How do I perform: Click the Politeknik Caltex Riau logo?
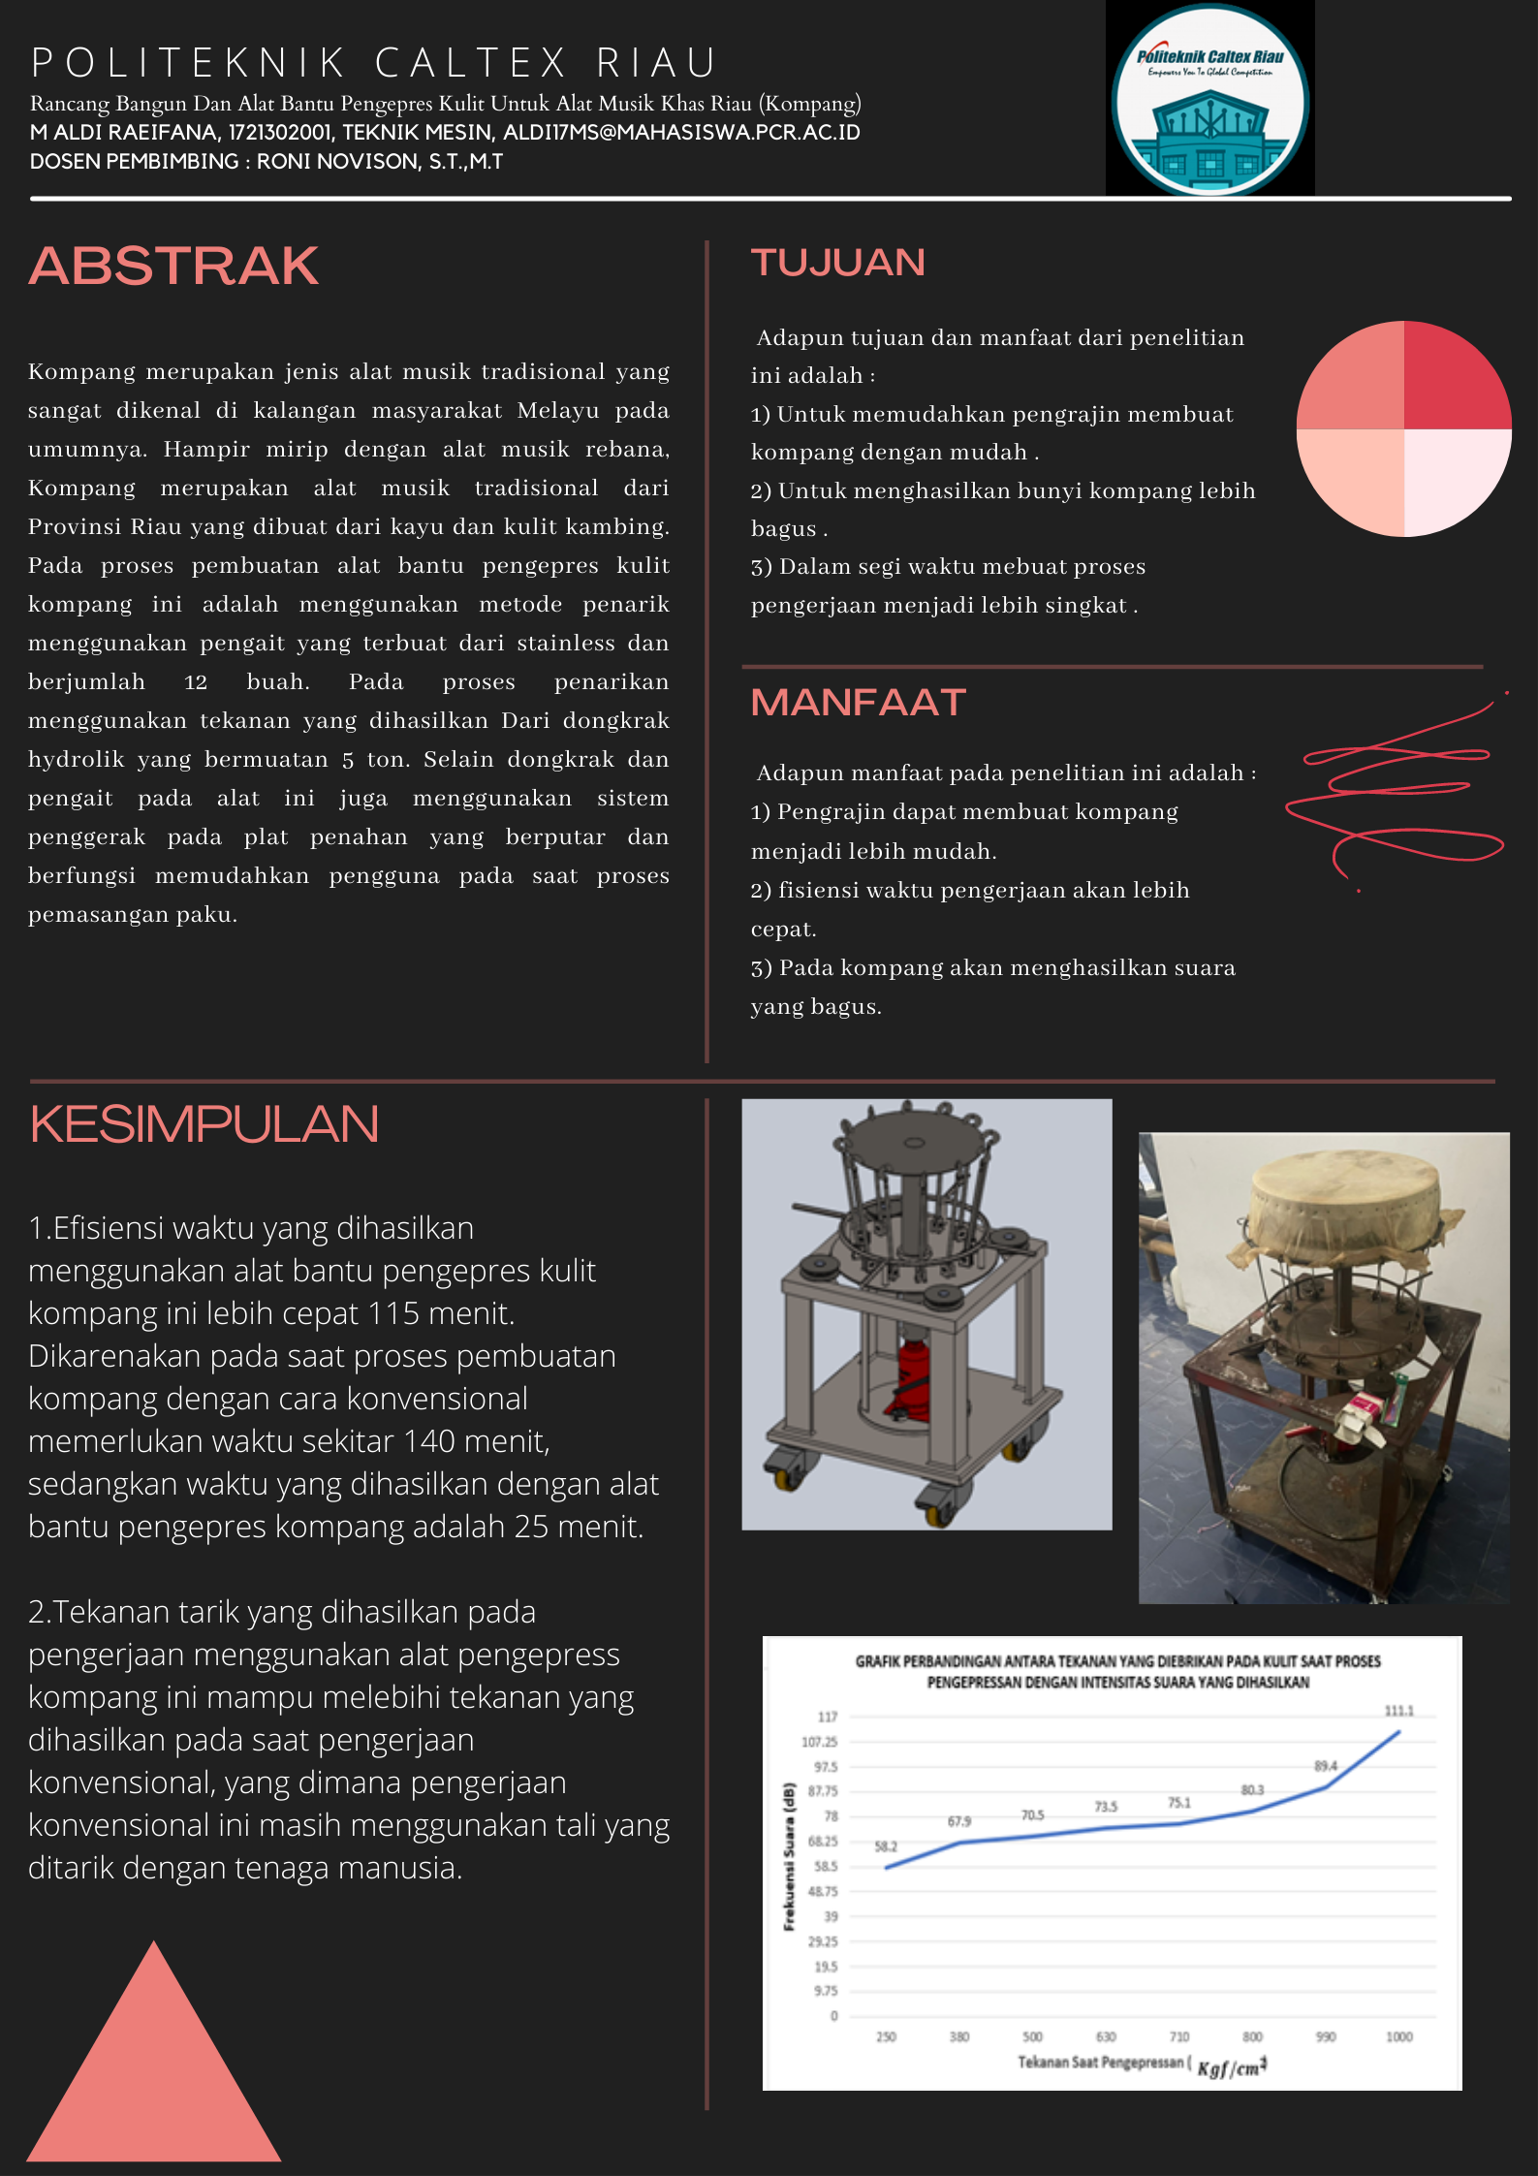point(1209,99)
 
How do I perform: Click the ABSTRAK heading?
point(173,267)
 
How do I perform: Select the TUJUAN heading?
point(838,263)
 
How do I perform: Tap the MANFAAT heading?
point(859,703)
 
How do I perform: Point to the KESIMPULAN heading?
point(204,1124)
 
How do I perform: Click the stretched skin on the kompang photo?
point(1343,1202)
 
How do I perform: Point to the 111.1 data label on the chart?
point(1398,1711)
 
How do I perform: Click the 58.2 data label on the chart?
point(886,1846)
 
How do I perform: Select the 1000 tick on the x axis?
point(1398,2036)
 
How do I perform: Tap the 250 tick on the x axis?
point(886,2036)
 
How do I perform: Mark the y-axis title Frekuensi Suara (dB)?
point(789,1856)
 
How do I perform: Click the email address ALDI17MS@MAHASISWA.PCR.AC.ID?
point(681,133)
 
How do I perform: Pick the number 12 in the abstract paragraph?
point(196,682)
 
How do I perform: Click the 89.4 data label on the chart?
point(1325,1766)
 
